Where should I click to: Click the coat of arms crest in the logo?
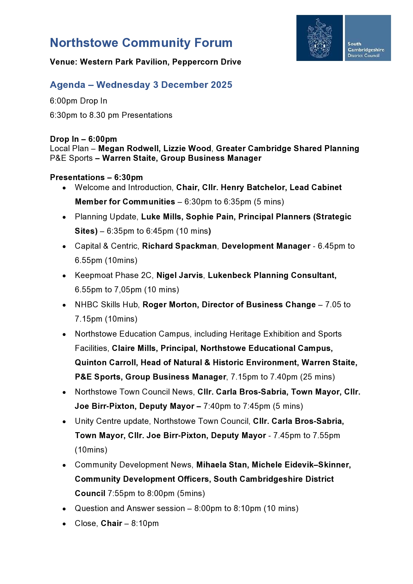pos(319,38)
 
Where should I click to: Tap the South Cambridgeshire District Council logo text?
pos(365,50)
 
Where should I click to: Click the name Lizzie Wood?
pos(187,148)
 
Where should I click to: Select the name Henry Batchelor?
pos(253,187)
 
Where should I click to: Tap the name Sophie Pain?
pos(209,217)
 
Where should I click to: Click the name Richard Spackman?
pos(179,246)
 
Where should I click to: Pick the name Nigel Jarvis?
pos(180,275)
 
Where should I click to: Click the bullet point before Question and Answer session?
pos(64,509)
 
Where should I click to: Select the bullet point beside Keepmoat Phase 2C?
pos(64,276)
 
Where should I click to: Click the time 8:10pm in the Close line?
pos(145,523)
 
